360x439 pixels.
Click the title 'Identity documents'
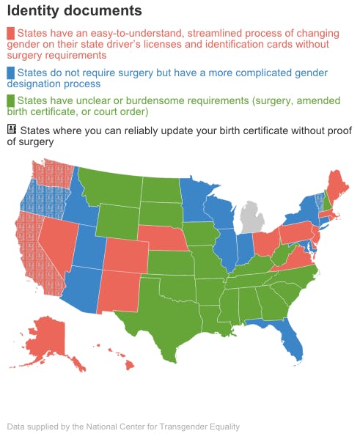point(74,11)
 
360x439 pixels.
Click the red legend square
point(11,34)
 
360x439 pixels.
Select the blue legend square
point(11,73)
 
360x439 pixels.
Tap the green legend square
point(11,100)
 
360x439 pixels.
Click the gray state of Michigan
point(254,218)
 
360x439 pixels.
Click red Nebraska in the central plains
point(164,239)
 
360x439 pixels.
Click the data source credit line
point(123,427)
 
